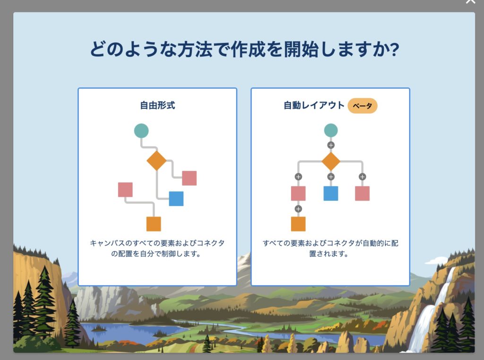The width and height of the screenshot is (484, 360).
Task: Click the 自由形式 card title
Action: click(157, 105)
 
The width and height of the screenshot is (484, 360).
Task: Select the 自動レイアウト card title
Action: click(314, 105)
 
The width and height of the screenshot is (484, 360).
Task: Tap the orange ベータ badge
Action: click(363, 106)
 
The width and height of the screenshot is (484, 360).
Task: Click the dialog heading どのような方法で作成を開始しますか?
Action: click(244, 49)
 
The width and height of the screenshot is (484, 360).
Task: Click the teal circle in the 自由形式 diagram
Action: click(141, 131)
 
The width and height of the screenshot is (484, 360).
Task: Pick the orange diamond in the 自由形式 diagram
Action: click(156, 161)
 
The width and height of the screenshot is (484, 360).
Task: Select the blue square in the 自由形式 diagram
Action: click(176, 199)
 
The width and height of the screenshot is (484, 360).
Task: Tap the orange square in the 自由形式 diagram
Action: click(154, 224)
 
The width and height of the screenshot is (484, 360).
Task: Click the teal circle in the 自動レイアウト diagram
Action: click(331, 130)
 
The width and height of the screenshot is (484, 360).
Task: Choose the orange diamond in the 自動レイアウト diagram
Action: click(331, 161)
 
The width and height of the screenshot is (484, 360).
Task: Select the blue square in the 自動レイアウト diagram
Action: click(331, 193)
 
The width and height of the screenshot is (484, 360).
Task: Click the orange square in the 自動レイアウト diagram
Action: click(298, 224)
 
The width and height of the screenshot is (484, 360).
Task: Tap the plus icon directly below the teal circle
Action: click(331, 146)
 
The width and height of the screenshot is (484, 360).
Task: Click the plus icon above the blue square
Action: click(331, 177)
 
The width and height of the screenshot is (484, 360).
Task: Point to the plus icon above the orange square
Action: click(298, 209)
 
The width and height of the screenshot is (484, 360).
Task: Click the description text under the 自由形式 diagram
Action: click(157, 249)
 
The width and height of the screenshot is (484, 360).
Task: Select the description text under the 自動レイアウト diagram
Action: click(330, 249)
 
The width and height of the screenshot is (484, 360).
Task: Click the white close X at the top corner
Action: click(471, 1)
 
